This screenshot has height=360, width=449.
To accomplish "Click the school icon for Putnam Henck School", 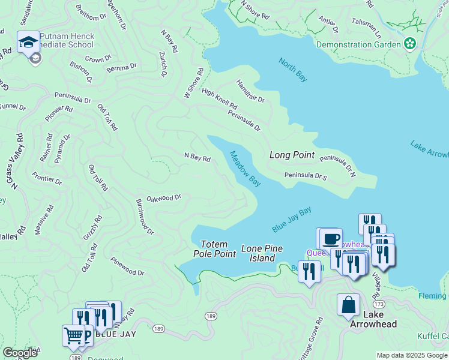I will point(28,41).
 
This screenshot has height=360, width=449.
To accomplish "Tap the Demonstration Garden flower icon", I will point(410,44).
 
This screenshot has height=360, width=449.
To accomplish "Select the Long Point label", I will point(292,155).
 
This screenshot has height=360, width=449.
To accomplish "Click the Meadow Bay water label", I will point(246,167).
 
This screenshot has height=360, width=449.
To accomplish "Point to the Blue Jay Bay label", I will point(292,220).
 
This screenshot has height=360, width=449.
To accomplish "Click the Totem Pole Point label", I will point(214,249).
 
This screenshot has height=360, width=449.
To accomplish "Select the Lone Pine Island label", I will point(258,253).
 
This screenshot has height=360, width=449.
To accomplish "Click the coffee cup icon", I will point(330,239).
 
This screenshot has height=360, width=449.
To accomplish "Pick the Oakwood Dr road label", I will point(164,198).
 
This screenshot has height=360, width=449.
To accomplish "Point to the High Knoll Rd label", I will point(219,100).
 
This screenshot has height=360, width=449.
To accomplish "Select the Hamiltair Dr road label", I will point(250,91).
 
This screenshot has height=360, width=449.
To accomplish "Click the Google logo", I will point(20,353).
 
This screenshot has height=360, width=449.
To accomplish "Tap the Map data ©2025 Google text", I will point(412,355).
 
